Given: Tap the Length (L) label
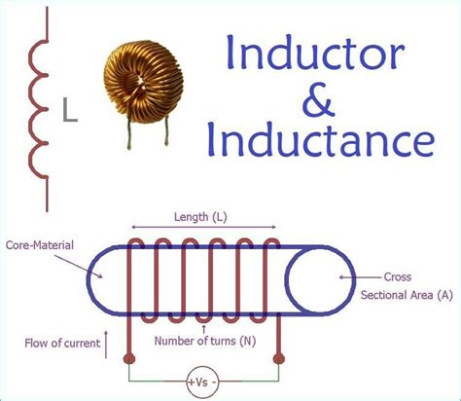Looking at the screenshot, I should click(x=201, y=218).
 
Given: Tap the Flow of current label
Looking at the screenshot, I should click(x=59, y=343).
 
